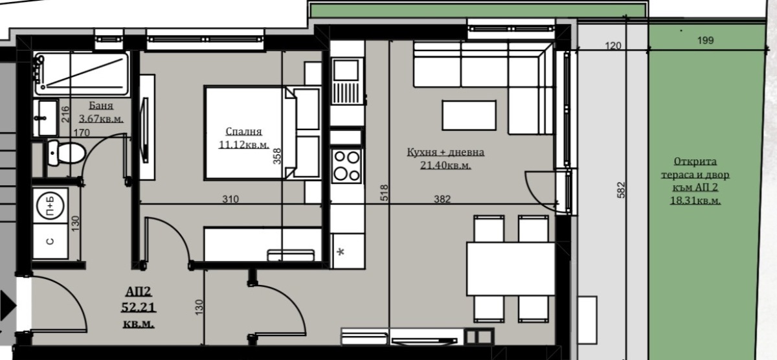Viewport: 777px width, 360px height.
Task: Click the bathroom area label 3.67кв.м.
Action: (101, 118)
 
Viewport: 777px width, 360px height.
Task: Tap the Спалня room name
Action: (243, 131)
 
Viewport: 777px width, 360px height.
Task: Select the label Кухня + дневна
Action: (445, 152)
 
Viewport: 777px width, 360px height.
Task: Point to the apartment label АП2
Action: (139, 291)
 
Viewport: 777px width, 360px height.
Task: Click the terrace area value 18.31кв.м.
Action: (695, 201)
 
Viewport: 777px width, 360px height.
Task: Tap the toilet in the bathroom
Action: (66, 153)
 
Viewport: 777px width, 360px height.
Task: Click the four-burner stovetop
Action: (346, 166)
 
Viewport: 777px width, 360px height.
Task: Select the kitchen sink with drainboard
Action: (346, 81)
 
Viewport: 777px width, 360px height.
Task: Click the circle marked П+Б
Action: (51, 207)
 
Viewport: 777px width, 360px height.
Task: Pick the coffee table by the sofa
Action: (469, 115)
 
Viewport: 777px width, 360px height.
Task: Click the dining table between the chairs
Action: (511, 269)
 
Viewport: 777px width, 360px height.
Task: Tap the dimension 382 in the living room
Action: (442, 199)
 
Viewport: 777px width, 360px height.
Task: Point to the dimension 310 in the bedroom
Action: (231, 199)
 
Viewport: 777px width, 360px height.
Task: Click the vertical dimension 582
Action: (621, 190)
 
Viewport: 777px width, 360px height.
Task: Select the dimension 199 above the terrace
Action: (706, 41)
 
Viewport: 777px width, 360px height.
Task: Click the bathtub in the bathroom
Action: (82, 74)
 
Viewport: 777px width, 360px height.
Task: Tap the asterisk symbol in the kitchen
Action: (341, 252)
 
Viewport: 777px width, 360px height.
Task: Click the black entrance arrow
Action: (8, 306)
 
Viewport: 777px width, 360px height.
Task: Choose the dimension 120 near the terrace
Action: (613, 46)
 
